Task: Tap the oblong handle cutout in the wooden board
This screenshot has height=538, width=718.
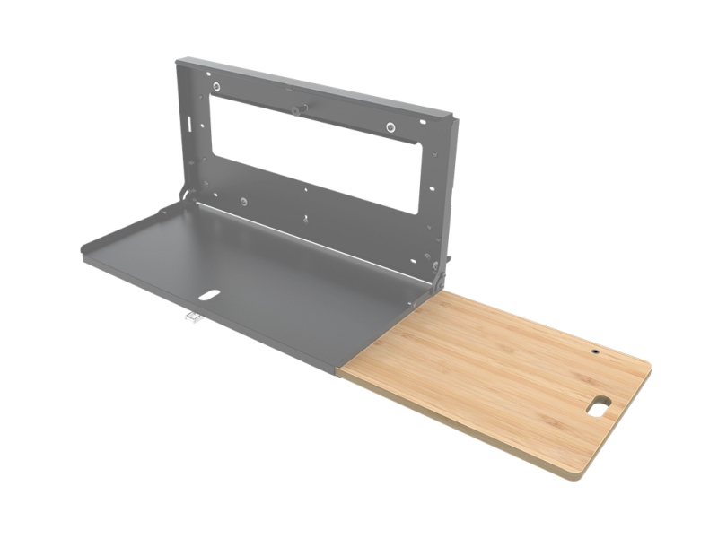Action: (598, 406)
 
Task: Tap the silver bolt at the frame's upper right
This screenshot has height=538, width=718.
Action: (390, 127)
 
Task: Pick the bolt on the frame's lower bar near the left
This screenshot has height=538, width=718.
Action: (243, 202)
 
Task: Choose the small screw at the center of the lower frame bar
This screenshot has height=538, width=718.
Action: (305, 219)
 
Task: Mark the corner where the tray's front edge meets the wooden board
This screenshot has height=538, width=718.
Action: (340, 369)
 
